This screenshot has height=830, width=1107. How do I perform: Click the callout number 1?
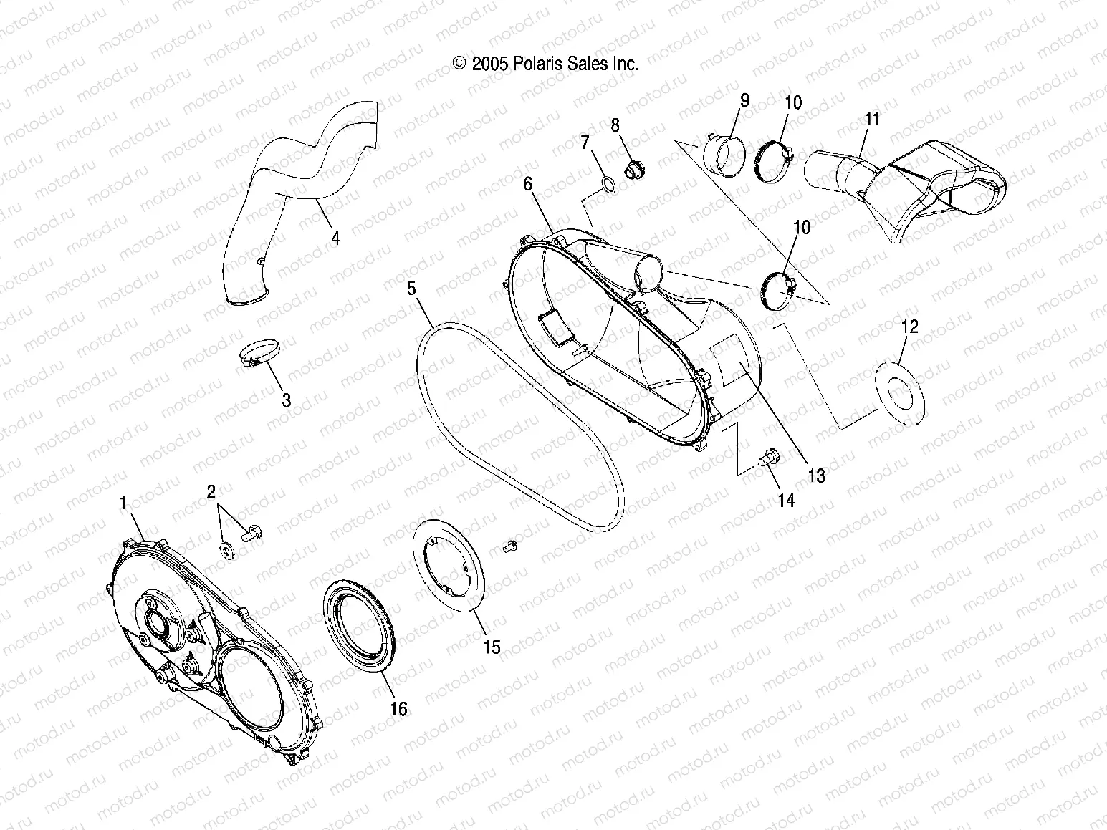point(123,503)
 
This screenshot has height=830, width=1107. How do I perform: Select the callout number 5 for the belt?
point(411,289)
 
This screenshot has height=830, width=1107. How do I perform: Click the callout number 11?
point(871,120)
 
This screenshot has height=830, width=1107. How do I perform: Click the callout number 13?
point(815,476)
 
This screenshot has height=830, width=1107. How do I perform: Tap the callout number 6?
point(527,184)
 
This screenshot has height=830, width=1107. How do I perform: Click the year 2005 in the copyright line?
point(489,64)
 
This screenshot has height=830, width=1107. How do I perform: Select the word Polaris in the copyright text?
point(537,64)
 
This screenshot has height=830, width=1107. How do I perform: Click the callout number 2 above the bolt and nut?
point(211,491)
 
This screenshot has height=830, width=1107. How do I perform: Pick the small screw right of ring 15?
point(510,546)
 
